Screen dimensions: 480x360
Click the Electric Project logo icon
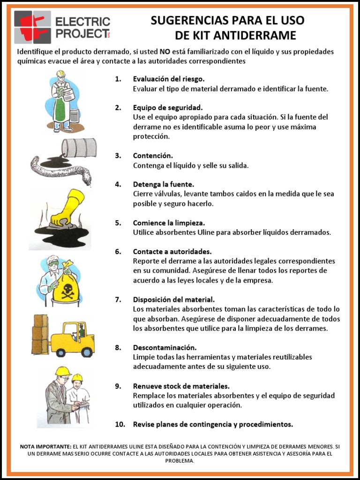click(32, 27)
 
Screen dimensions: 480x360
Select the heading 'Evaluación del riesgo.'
click(169, 79)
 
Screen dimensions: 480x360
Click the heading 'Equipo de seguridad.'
click(168, 107)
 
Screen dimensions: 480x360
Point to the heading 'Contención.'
click(153, 156)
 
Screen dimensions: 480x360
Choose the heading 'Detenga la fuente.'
click(163, 184)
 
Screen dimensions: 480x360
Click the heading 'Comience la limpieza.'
click(169, 223)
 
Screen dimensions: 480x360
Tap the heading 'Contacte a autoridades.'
click(172, 251)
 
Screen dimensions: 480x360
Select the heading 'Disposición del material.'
click(174, 300)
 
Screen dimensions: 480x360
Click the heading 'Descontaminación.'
click(164, 347)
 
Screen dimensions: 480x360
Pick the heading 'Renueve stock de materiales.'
click(181, 386)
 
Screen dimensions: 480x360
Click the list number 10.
click(120, 424)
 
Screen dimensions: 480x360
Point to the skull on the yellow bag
click(66, 286)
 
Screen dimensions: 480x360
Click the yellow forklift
click(73, 339)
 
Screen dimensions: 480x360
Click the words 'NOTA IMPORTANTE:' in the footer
click(45, 447)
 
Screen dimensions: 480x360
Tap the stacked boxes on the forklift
click(40, 333)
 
